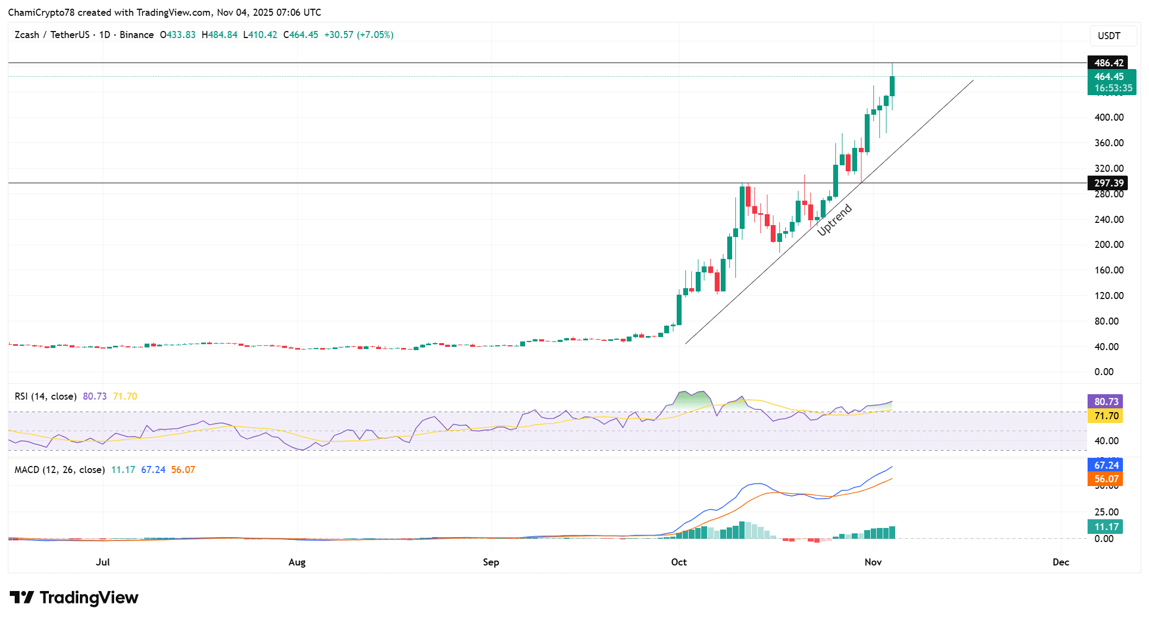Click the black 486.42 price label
(x=1108, y=63)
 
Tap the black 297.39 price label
(x=1108, y=183)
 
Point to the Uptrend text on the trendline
(x=834, y=220)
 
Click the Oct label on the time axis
(x=679, y=562)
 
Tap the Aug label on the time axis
(x=297, y=562)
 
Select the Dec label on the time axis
(x=1060, y=562)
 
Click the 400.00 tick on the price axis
(x=1109, y=117)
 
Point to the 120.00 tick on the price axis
(x=1109, y=296)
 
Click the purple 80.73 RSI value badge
(x=1106, y=402)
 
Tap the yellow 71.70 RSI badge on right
(x=1106, y=416)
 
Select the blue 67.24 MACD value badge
(x=1106, y=465)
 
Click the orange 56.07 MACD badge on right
(x=1106, y=479)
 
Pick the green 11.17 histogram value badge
(x=1106, y=527)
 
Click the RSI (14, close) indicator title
(x=46, y=396)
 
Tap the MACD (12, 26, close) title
(x=59, y=470)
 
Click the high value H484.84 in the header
(x=220, y=35)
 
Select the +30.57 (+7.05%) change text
(x=359, y=35)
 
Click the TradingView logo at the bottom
(x=74, y=598)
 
